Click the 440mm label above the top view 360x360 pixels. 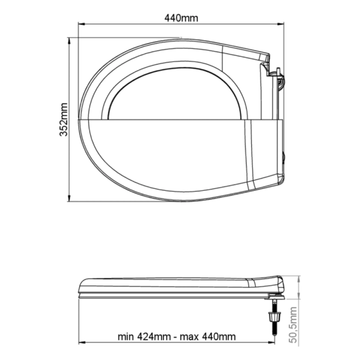pos(181,18)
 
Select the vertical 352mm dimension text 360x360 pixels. pos(64,119)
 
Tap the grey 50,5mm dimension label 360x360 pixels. pos(293,325)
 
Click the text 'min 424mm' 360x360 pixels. pos(144,337)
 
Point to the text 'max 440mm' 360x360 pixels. pos(208,337)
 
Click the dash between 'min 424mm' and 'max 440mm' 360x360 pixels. pos(175,337)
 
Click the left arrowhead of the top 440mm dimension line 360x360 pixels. pos(82,24)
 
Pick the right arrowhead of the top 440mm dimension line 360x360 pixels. pos(281,24)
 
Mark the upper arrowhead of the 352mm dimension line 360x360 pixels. pos(69,41)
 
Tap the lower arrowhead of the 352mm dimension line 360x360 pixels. pos(69,198)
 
